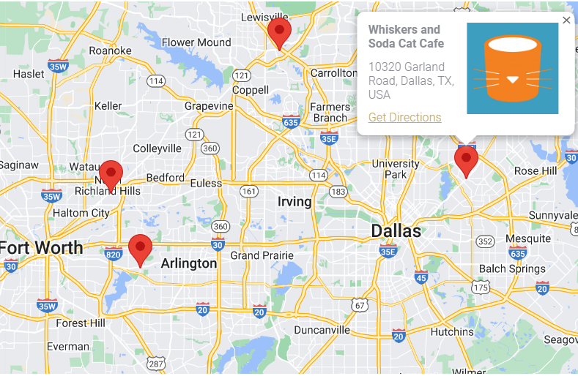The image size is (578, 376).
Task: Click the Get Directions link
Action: coord(404,118)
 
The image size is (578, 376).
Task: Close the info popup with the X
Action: coord(566,20)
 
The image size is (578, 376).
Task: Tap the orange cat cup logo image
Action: coord(512,68)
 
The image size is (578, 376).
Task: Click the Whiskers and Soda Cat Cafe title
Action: coord(405,37)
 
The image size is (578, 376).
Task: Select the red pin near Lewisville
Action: coord(279,32)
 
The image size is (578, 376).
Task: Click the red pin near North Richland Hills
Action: coord(111,175)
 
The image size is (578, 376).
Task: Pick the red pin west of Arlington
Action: coord(140,249)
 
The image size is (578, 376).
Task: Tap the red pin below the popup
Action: coord(466,160)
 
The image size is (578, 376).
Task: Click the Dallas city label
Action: coord(396,231)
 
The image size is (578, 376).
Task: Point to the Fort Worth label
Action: coord(42,247)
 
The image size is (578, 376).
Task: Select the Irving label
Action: coord(294,201)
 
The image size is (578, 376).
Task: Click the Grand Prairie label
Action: coord(262,255)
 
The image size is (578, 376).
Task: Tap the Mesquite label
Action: coord(527,238)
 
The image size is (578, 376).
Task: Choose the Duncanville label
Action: coord(322,330)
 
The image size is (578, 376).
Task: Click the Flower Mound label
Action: coord(196,42)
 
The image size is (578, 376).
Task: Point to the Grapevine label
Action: coord(209,106)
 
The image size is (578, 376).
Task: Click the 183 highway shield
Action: coord(338,192)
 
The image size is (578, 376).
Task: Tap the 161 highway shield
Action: coord(249,192)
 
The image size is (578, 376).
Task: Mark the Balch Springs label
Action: coord(513,268)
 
